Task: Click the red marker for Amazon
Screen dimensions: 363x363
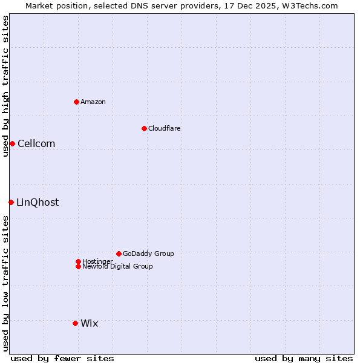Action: point(76,102)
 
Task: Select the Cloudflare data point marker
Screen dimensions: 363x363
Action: point(144,128)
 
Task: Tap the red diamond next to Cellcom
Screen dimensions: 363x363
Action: point(12,143)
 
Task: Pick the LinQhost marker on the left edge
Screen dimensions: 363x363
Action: point(11,202)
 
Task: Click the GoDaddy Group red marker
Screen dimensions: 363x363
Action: point(119,253)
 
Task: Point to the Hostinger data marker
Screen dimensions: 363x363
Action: point(78,261)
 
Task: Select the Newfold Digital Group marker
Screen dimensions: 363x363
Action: point(78,266)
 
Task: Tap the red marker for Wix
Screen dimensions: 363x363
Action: point(75,323)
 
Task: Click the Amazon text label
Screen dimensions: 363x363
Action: point(93,102)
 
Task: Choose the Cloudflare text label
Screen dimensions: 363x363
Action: point(164,128)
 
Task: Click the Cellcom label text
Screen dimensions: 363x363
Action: point(36,143)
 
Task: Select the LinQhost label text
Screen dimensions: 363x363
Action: point(38,202)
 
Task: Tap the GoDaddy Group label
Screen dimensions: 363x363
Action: point(148,253)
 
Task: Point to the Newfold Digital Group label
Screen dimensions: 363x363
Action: point(117,266)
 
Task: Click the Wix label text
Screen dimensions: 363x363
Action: point(89,323)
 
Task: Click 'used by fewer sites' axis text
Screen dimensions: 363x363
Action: point(62,358)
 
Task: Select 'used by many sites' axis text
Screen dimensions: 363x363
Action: point(303,358)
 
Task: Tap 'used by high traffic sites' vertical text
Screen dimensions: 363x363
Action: point(5,86)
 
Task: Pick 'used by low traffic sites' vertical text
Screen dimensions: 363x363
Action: point(5,283)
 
